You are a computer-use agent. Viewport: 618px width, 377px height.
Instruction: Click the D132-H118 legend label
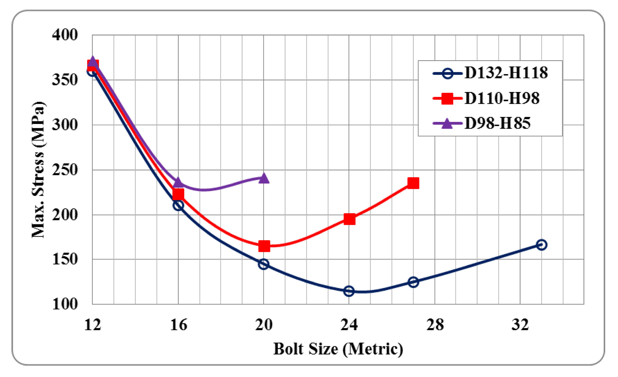coord(506,73)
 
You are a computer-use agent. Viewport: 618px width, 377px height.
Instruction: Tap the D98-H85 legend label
coord(497,123)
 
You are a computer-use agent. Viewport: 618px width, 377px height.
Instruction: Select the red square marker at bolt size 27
coord(413,183)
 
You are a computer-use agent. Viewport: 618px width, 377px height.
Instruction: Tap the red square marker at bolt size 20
coord(264,246)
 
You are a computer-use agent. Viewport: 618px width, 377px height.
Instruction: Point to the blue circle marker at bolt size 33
coord(542,245)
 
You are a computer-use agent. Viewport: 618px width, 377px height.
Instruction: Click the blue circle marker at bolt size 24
coord(349,291)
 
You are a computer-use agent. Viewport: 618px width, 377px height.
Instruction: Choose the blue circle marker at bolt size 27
coord(413,282)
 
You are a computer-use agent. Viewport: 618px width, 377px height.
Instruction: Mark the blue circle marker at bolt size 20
coord(264,264)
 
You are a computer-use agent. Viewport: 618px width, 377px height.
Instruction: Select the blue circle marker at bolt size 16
coord(178,205)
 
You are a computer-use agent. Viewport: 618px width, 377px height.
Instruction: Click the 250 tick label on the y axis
coord(65,170)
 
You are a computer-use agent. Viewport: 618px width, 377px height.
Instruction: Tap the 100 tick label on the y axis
coord(65,304)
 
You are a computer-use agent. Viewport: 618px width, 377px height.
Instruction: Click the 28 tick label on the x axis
coord(435,325)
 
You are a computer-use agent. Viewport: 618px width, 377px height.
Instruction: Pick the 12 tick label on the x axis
coord(93,325)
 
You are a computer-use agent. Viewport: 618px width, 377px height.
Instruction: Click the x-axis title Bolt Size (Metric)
coord(338,349)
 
